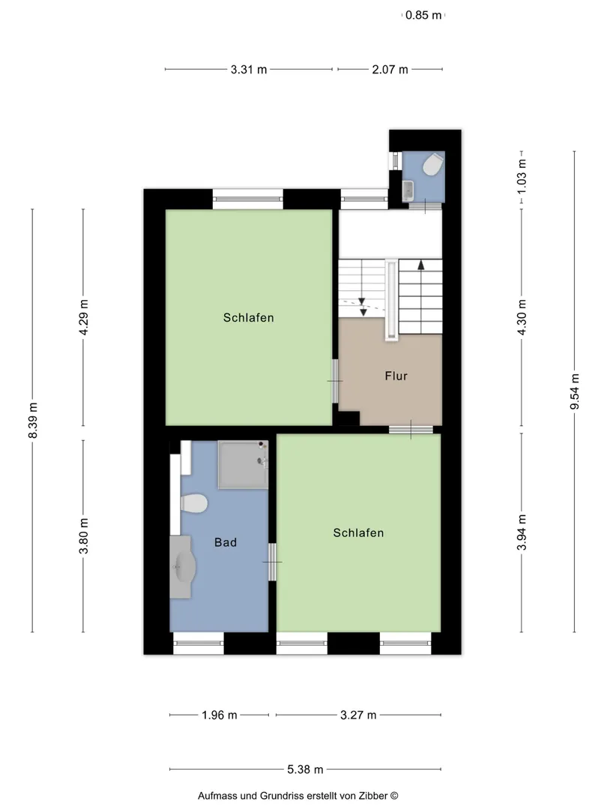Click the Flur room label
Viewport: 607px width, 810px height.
(x=396, y=376)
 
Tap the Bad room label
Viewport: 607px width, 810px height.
(x=226, y=542)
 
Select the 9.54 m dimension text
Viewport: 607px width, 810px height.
(x=575, y=391)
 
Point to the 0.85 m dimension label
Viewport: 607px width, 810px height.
(x=423, y=15)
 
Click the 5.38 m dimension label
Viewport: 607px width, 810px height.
(x=305, y=769)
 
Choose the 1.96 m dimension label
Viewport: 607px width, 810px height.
(x=220, y=715)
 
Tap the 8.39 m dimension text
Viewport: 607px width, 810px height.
(x=32, y=420)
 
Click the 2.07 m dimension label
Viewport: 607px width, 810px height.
(x=390, y=69)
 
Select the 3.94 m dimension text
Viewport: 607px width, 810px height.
(x=522, y=532)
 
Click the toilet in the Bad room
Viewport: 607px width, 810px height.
(x=195, y=504)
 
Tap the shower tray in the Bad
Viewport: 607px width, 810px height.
(x=243, y=464)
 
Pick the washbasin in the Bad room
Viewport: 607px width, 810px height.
(x=181, y=567)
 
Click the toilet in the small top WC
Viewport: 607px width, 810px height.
(x=432, y=166)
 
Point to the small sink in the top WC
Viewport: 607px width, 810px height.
(x=408, y=190)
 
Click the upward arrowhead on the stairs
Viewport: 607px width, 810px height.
(x=421, y=265)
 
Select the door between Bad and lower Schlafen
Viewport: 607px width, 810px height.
(x=272, y=562)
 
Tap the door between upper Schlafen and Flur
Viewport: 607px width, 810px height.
(x=335, y=381)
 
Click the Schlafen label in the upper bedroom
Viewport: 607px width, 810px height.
(x=248, y=318)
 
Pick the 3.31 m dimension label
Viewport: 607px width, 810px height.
(x=249, y=69)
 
